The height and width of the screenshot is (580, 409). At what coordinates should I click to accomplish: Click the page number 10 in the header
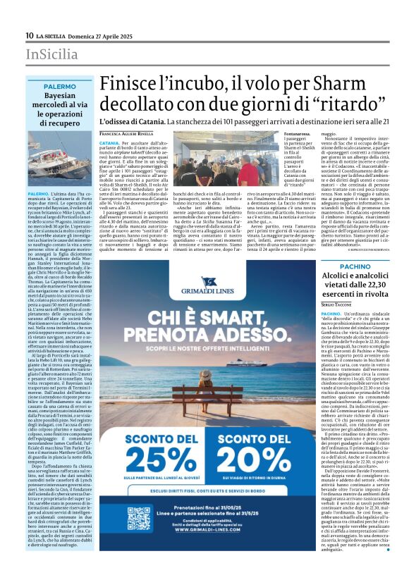(29, 35)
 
